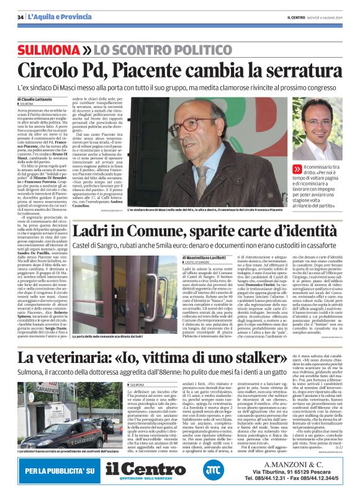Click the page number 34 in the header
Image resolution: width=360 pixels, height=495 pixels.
(20, 16)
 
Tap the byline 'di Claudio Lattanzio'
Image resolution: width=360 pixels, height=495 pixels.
(35, 99)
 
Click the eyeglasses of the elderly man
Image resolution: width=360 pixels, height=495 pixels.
(180, 151)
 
